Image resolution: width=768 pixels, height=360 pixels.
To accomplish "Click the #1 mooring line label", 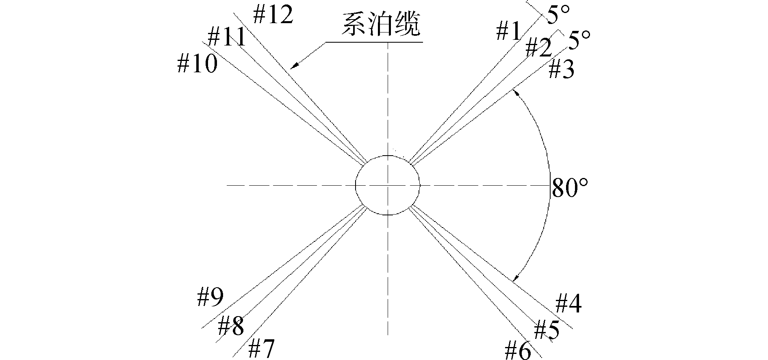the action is click(x=508, y=31).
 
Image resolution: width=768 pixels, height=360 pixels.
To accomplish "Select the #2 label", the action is click(x=538, y=47).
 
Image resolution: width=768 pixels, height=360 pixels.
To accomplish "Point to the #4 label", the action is click(x=568, y=303).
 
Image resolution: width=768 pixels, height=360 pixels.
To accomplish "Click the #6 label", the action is click(x=517, y=350).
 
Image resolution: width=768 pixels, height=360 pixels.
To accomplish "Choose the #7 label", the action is click(x=261, y=348).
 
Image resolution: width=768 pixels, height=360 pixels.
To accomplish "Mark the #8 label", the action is click(x=231, y=326).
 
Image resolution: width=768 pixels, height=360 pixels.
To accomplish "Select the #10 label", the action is click(x=197, y=64).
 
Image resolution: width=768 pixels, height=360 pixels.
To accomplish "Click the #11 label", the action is click(x=227, y=37).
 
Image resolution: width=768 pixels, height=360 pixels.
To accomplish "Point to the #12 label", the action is click(x=273, y=15).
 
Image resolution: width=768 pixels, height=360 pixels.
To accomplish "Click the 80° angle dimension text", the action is click(x=569, y=188).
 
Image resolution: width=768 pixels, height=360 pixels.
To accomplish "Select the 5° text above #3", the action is click(x=579, y=41).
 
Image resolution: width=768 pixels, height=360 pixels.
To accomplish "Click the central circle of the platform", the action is click(x=388, y=185).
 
